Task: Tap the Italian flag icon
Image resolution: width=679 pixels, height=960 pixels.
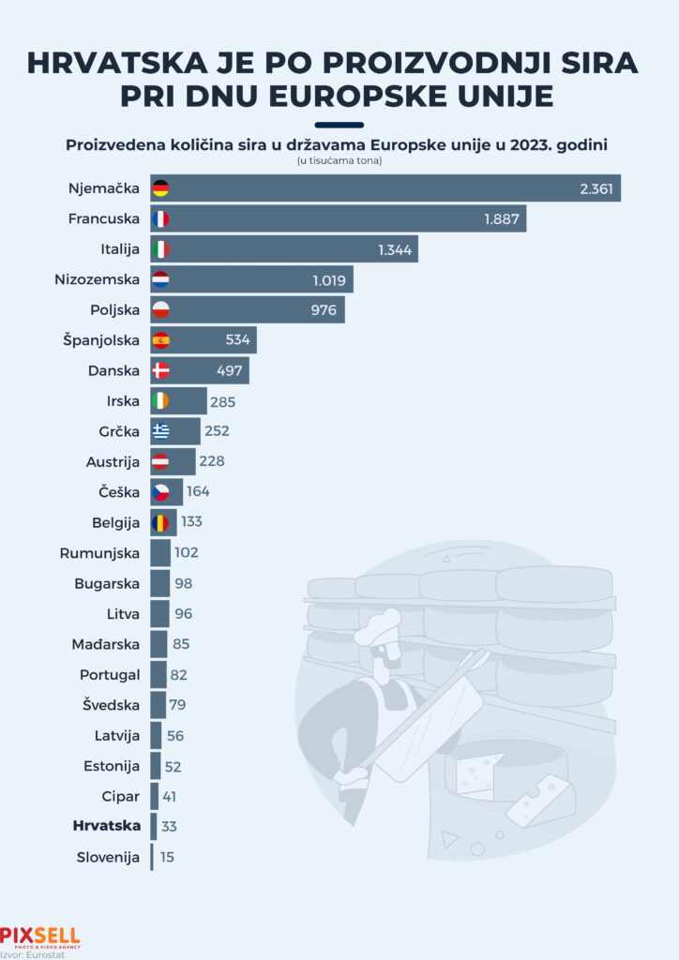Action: coord(160,249)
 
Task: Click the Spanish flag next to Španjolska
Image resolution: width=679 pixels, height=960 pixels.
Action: coord(160,339)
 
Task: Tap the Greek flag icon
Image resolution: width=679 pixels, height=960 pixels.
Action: coord(160,431)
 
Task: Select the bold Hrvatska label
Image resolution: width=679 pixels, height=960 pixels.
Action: coord(106,826)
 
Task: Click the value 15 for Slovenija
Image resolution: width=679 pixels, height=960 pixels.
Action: coord(166,857)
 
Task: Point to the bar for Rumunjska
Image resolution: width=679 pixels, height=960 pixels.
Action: coord(160,553)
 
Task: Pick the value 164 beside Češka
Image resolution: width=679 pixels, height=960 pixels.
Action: coord(198,492)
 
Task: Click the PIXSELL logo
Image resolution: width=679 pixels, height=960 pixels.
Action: coord(39,936)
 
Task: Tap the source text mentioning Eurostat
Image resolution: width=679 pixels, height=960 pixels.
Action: coord(27,953)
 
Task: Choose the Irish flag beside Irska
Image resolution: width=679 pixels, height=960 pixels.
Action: coord(160,401)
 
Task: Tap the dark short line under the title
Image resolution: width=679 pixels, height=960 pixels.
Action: coord(339,125)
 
